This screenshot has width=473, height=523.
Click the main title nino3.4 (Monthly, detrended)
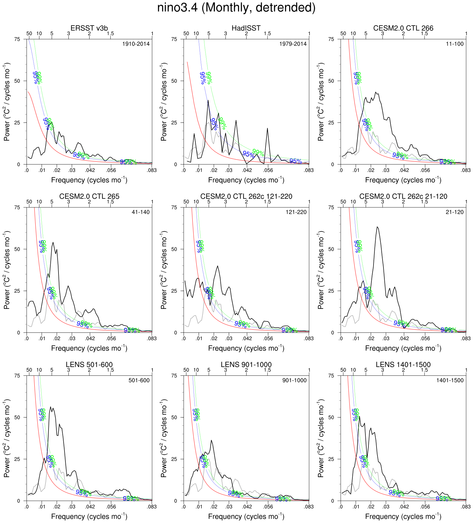point(236,8)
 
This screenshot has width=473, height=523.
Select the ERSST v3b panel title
point(89,28)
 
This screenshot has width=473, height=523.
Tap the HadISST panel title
point(246,28)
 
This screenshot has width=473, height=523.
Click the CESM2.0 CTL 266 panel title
point(403,28)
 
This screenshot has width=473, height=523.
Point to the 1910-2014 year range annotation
point(136,44)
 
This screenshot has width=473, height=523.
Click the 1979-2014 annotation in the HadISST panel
point(293,44)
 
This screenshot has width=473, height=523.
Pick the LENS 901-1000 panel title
point(246,365)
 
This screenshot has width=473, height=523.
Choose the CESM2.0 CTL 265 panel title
point(89,197)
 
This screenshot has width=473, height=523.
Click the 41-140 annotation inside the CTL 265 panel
point(140,212)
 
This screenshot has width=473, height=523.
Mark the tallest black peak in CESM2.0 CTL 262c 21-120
point(377,227)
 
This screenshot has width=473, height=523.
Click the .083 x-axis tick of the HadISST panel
point(308,170)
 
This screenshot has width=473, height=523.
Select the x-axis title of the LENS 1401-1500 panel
point(403,517)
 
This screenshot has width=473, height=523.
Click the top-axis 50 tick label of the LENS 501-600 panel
point(29,370)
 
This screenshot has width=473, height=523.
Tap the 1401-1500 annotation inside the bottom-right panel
point(450,381)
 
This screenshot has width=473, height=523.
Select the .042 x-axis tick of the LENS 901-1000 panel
point(247,507)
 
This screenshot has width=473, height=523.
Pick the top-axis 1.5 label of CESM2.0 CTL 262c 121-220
point(267,202)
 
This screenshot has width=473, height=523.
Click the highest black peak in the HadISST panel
point(208,101)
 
